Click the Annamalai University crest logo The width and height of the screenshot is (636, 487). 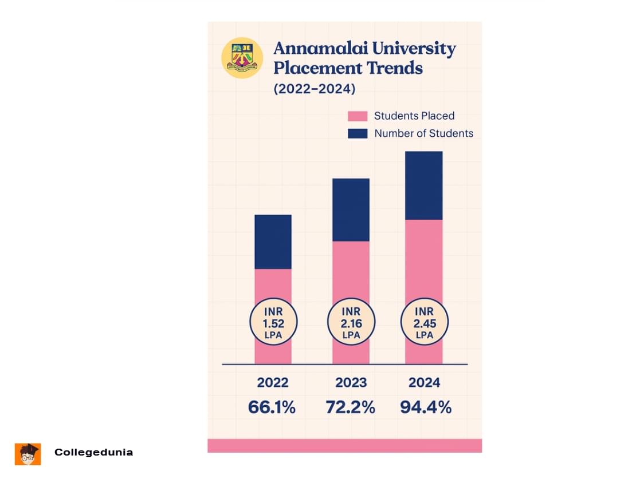[x=242, y=57]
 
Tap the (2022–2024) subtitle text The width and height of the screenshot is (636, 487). [x=314, y=89]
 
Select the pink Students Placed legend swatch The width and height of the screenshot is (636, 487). [x=358, y=116]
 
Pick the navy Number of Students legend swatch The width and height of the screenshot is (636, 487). [x=358, y=133]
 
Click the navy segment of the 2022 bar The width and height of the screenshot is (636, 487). [x=273, y=241]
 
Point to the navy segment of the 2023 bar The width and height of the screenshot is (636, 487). [x=351, y=209]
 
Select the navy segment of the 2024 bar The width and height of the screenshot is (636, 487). [x=424, y=185]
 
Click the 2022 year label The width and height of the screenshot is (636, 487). [x=273, y=383]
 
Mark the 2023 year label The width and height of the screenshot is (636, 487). [x=351, y=383]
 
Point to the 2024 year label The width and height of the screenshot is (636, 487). [x=424, y=383]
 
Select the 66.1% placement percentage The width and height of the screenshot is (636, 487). [x=272, y=407]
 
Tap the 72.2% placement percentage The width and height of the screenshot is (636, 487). [x=350, y=407]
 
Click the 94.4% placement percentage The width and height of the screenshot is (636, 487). [x=426, y=407]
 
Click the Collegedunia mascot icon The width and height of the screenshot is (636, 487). [x=28, y=454]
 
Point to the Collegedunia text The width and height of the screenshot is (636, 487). [x=93, y=452]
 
